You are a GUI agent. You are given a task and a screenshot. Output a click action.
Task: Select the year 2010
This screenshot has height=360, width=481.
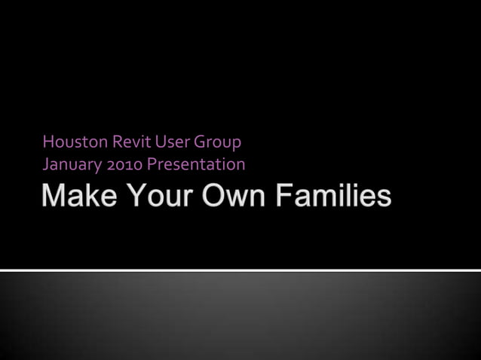click(x=124, y=164)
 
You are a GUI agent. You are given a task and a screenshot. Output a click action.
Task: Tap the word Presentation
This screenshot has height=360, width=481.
click(x=196, y=164)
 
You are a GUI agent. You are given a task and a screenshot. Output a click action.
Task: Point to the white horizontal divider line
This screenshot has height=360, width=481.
click(x=240, y=270)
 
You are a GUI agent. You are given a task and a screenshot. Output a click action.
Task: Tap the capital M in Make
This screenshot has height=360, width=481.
click(x=54, y=196)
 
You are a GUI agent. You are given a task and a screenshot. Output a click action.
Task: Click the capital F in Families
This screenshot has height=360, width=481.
click(x=283, y=196)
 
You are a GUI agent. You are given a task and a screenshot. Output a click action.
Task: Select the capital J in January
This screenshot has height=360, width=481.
click(x=46, y=164)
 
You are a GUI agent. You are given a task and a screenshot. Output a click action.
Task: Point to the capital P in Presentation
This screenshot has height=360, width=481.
click(x=151, y=164)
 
